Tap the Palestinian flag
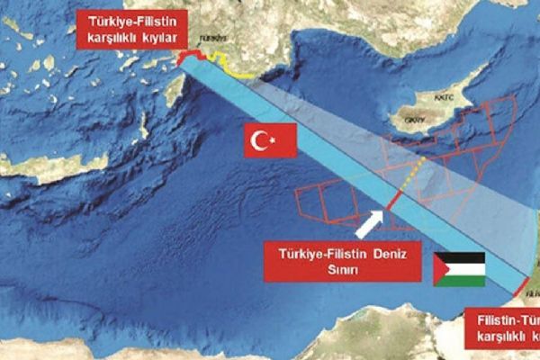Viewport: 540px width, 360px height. tap(459, 268)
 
